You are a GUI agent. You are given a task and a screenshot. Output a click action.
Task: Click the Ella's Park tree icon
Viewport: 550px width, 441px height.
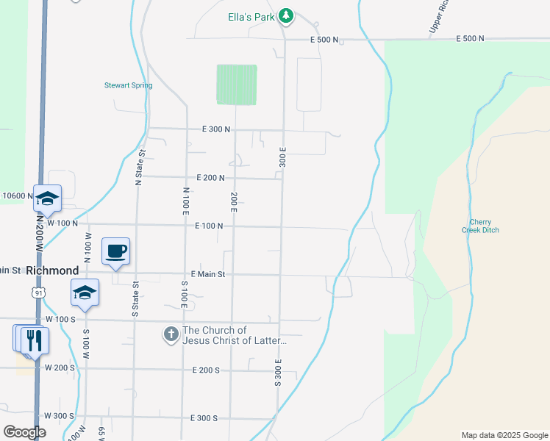[x=287, y=15]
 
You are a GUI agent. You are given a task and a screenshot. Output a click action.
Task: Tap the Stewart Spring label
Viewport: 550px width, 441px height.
[x=128, y=85]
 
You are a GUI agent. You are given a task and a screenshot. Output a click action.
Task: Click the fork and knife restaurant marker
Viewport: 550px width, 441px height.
[x=35, y=340]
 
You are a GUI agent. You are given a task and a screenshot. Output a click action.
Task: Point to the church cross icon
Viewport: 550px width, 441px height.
[x=171, y=335]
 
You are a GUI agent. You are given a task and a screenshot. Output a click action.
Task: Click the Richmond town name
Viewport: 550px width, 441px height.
[x=51, y=270]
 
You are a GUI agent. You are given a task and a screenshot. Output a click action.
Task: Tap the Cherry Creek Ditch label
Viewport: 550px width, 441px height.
[x=484, y=226]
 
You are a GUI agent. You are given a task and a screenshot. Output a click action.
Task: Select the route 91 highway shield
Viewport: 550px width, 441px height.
[x=37, y=292]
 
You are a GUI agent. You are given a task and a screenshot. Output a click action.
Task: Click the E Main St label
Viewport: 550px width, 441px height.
[x=207, y=274]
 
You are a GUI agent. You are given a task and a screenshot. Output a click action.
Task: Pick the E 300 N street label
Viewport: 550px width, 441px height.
[x=216, y=129]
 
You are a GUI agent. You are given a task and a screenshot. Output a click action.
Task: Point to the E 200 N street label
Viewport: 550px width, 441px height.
[x=210, y=178]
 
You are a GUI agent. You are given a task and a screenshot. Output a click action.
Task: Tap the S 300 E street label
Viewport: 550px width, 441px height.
[x=279, y=373]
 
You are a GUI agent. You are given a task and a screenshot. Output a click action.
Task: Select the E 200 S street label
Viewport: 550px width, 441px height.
[x=205, y=370]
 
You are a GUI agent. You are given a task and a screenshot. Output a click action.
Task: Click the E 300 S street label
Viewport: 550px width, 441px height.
[x=204, y=418]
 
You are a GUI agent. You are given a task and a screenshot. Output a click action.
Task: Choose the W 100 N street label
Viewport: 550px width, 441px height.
[x=62, y=222]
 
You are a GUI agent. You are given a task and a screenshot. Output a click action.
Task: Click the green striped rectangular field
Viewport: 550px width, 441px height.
[x=237, y=85]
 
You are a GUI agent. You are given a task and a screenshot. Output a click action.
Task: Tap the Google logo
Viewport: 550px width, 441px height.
[x=24, y=432]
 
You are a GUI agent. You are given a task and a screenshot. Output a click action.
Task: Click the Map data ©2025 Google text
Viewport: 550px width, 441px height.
[x=504, y=435]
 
